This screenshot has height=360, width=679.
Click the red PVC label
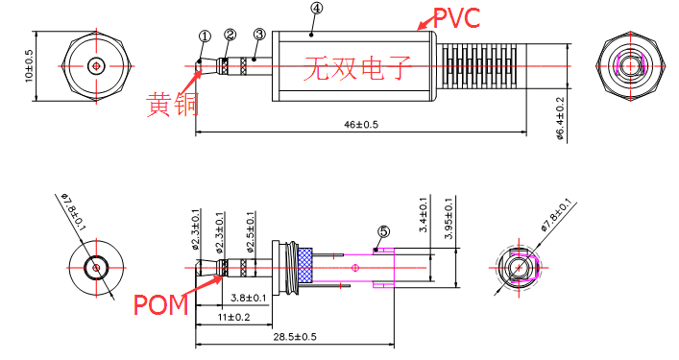click(x=456, y=18)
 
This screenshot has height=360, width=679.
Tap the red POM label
click(x=160, y=304)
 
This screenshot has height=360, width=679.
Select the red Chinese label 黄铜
click(x=172, y=105)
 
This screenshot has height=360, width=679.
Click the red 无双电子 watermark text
click(x=357, y=68)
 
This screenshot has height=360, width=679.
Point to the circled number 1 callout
click(x=205, y=36)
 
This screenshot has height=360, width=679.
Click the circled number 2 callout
click(x=230, y=35)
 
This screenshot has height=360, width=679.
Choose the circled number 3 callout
click(x=259, y=35)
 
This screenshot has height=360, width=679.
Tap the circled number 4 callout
click(x=317, y=9)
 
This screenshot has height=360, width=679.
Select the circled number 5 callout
click(x=383, y=232)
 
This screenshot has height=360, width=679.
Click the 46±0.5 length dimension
click(x=361, y=125)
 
